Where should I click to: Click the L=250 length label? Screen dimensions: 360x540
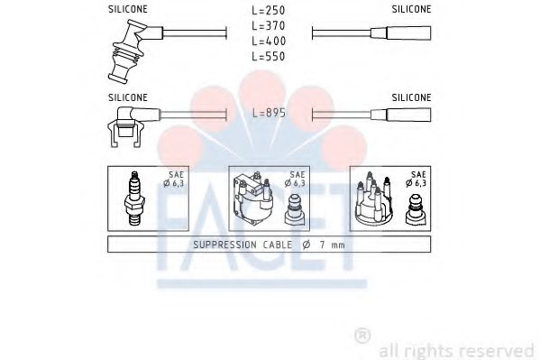269,10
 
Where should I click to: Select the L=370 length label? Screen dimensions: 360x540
269,26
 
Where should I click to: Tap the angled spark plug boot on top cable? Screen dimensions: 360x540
127,53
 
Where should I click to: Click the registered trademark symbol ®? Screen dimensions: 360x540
362,336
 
